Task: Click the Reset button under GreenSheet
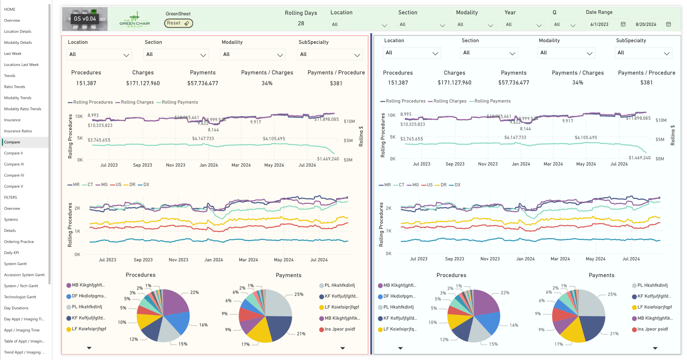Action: [178, 23]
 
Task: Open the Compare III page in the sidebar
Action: [14, 164]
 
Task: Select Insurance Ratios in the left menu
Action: [18, 131]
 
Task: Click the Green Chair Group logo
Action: [135, 20]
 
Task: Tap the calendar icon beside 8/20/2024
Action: [668, 25]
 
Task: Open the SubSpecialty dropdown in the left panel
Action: [330, 54]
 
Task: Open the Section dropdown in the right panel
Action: [489, 53]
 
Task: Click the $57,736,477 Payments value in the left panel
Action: [203, 83]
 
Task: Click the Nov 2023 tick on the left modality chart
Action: [178, 260]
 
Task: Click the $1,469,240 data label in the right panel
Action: [640, 158]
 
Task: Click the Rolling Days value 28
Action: [301, 23]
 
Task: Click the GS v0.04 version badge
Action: [85, 19]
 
